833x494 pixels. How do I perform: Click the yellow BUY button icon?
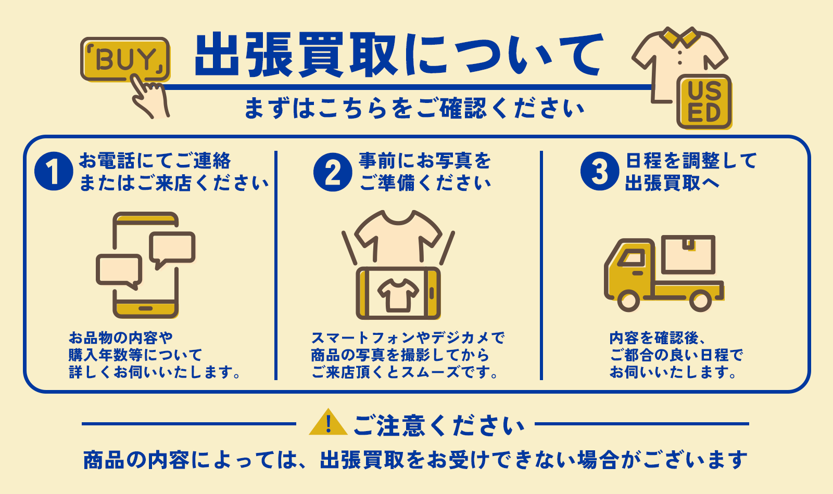125,59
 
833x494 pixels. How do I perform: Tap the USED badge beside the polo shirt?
704,102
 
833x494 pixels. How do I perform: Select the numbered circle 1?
54,172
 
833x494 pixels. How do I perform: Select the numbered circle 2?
333,172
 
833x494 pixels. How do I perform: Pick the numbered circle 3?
600,172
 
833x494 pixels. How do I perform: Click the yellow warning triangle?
328,423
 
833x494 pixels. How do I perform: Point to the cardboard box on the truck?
689,254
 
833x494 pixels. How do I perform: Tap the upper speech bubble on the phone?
172,248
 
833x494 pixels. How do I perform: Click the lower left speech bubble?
119,270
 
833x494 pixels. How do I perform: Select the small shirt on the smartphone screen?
398,294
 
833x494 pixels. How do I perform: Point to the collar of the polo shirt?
679,36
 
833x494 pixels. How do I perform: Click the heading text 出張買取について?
399,55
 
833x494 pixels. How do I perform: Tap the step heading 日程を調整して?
691,161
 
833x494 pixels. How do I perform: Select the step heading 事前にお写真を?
425,161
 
